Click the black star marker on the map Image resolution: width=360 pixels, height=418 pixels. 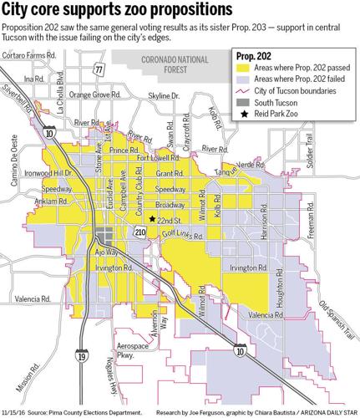[x=151, y=219]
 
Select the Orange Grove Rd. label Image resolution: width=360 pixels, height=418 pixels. [x=93, y=94]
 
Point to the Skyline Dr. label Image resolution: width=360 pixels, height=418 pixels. [x=164, y=97]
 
